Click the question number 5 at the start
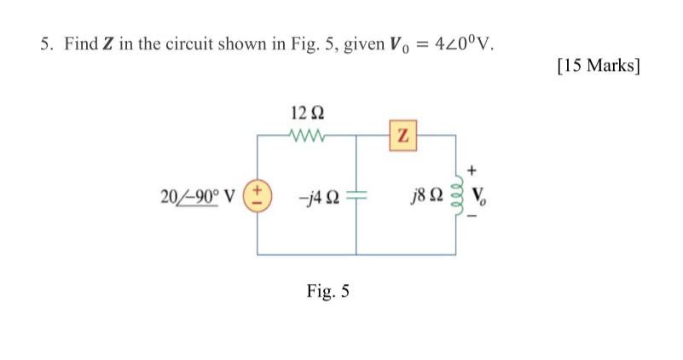coord(45,44)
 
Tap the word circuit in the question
coord(198,44)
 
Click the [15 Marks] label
coord(597,66)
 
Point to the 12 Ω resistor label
coord(307,113)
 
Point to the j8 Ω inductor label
coord(428,197)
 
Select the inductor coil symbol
coord(461,197)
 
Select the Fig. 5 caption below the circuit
coord(328,292)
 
